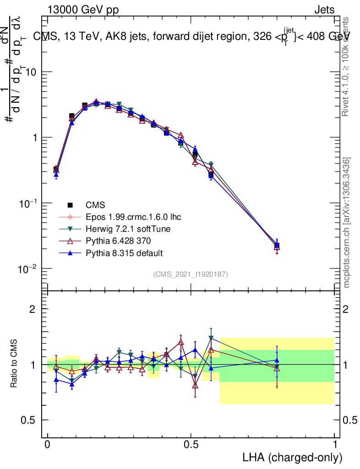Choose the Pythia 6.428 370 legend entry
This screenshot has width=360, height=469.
coord(118,241)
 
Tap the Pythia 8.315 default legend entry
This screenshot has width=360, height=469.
coord(124,253)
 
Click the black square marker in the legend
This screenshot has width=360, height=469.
coord(70,205)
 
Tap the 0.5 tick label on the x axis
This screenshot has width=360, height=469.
coord(191,445)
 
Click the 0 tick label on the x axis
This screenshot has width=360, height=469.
coord(47,445)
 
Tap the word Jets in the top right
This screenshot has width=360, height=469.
coord(324,10)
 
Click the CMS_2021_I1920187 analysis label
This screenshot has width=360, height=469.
coord(191,274)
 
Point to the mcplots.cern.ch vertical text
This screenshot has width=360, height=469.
coord(347,223)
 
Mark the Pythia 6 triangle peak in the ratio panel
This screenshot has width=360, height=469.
coord(181,342)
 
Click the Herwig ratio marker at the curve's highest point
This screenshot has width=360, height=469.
coord(211,338)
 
